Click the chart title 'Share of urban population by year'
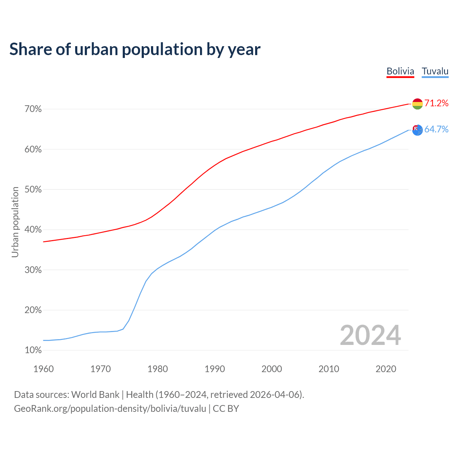[135, 49]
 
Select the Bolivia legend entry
[400, 71]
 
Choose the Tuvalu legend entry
[435, 71]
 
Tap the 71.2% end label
[436, 103]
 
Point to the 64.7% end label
[436, 130]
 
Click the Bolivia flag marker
[418, 104]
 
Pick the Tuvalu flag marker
[418, 130]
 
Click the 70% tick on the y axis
[33, 109]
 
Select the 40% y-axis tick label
[33, 230]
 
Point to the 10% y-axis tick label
[33, 350]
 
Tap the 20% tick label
[33, 310]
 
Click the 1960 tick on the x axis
[43, 369]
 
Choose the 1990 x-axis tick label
[215, 369]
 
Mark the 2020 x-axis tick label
[386, 369]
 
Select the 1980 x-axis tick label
[157, 369]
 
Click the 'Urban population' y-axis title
[15, 222]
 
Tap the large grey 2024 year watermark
[370, 335]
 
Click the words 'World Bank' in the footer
[95, 395]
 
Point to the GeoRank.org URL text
[110, 409]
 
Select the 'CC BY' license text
[226, 409]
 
